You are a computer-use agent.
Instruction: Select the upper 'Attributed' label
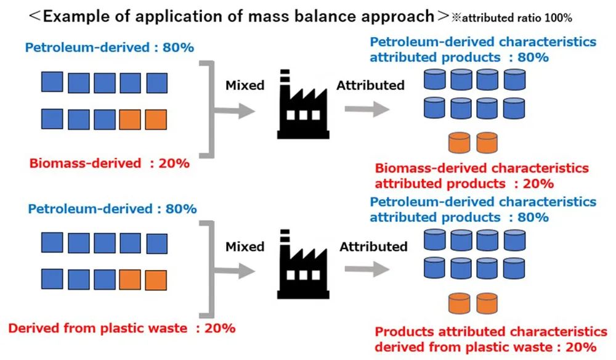pyautogui.click(x=370, y=86)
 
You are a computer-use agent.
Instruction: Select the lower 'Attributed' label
pyautogui.click(x=373, y=247)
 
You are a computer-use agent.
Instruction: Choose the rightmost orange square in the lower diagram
pyautogui.click(x=156, y=280)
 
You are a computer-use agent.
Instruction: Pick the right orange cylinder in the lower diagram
pyautogui.click(x=487, y=303)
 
